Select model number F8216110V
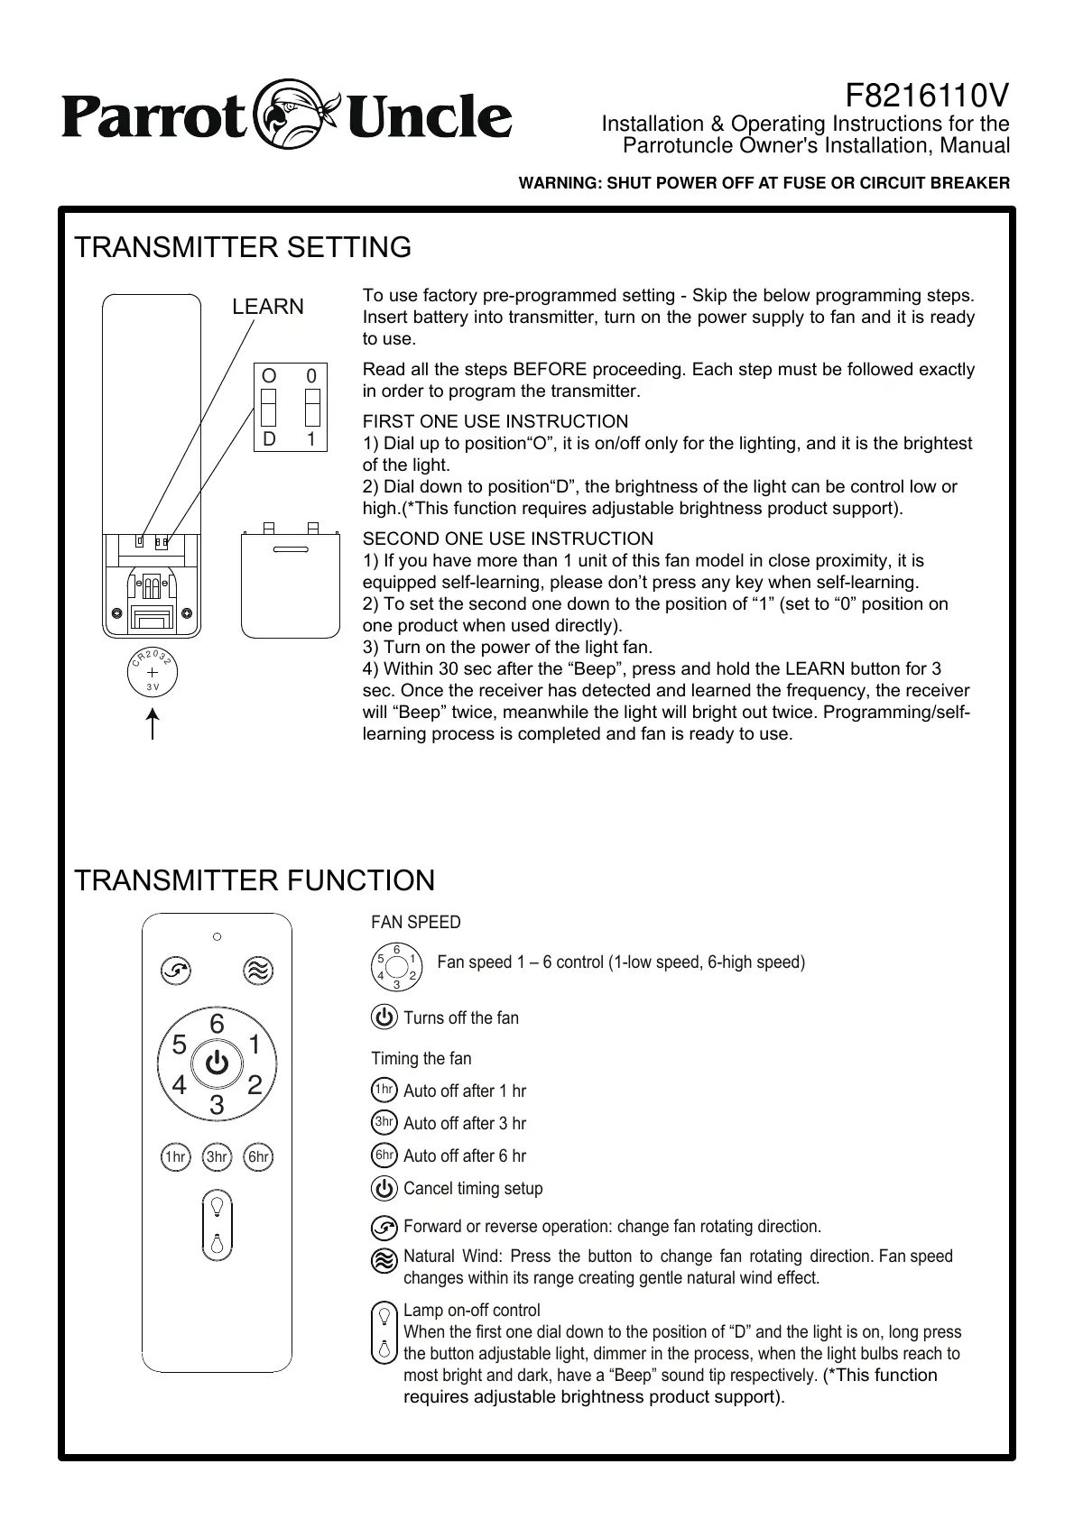pyautogui.click(x=927, y=95)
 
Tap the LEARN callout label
pyautogui.click(x=268, y=307)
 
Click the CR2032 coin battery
pyautogui.click(x=152, y=674)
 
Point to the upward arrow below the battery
pyautogui.click(x=153, y=724)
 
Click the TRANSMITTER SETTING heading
pyautogui.click(x=243, y=247)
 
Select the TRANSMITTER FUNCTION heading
pyautogui.click(x=255, y=880)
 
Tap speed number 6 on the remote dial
pyautogui.click(x=217, y=1024)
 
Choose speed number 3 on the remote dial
pyautogui.click(x=217, y=1104)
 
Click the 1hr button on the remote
pyautogui.click(x=174, y=1156)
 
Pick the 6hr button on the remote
pyautogui.click(x=259, y=1156)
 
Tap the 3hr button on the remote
pyautogui.click(x=217, y=1156)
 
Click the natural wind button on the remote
pyautogui.click(x=259, y=971)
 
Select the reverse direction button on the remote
pyautogui.click(x=174, y=971)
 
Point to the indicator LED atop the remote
pyautogui.click(x=217, y=936)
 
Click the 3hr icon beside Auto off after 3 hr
pyautogui.click(x=384, y=1123)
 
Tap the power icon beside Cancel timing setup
pyautogui.click(x=384, y=1188)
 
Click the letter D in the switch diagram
pyautogui.click(x=269, y=439)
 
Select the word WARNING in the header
pyautogui.click(x=552, y=183)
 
